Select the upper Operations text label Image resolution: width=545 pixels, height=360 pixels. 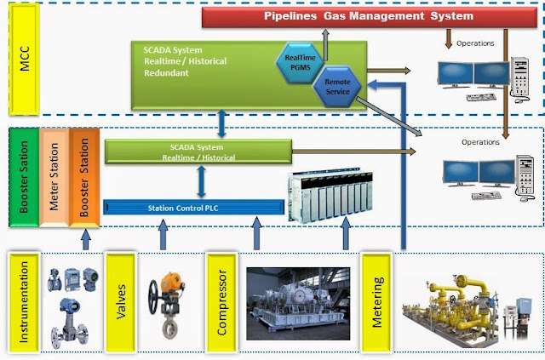[475, 43]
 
